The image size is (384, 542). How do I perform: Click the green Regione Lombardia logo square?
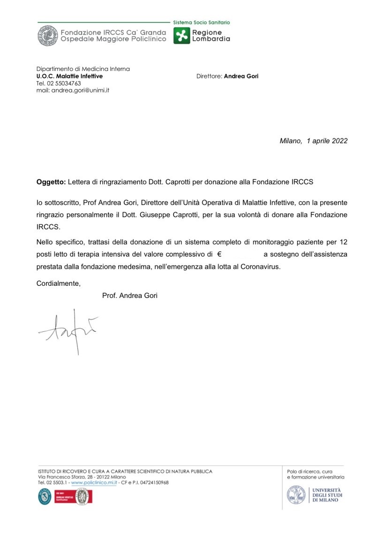click(181, 36)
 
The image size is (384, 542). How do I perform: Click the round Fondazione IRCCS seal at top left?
click(48, 36)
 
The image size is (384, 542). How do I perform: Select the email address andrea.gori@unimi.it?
click(73, 90)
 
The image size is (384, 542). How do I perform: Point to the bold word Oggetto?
click(51, 182)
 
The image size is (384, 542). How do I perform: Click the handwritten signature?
click(68, 328)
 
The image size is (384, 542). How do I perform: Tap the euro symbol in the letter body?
click(219, 255)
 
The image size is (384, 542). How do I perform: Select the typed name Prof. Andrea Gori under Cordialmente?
click(129, 296)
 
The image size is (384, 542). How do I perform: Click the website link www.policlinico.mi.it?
click(93, 482)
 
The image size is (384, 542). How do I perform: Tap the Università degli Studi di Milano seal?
click(296, 495)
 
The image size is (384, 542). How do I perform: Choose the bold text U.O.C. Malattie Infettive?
click(69, 76)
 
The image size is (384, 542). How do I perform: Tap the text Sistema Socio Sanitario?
click(202, 23)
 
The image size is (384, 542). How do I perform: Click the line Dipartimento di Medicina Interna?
click(83, 69)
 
